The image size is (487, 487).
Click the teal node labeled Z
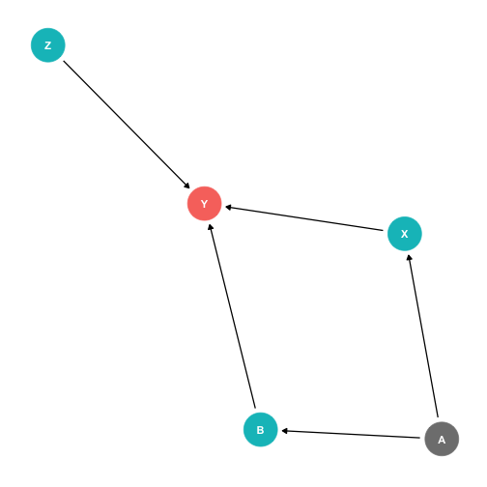pyautogui.click(x=48, y=45)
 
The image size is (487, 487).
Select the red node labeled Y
pyautogui.click(x=205, y=203)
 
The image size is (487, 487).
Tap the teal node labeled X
pyautogui.click(x=405, y=234)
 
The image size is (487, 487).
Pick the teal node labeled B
pyautogui.click(x=260, y=429)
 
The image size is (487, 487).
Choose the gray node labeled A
pyautogui.click(x=442, y=439)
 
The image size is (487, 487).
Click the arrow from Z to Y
pyautogui.click(x=127, y=125)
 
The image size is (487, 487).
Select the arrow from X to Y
pyautogui.click(x=304, y=218)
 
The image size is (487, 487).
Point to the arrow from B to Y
pyautogui.click(x=232, y=316)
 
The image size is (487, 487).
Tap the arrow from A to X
pyautogui.click(x=423, y=335)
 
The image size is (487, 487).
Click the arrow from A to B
pyautogui.click(x=351, y=434)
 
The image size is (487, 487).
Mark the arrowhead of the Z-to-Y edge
pyautogui.click(x=186, y=186)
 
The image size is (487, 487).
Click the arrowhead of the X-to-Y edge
pyautogui.click(x=228, y=208)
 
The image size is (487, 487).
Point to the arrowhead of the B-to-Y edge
pyautogui.click(x=211, y=227)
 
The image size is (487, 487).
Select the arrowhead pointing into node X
pyautogui.click(x=409, y=258)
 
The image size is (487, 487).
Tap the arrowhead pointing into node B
pyautogui.click(x=285, y=431)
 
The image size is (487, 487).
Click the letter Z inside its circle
pyautogui.click(x=48, y=45)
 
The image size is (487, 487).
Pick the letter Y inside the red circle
pyautogui.click(x=205, y=204)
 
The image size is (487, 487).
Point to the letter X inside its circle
pyautogui.click(x=405, y=234)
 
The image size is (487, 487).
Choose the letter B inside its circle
pyautogui.click(x=260, y=430)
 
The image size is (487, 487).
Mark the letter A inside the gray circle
pyautogui.click(x=442, y=440)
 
